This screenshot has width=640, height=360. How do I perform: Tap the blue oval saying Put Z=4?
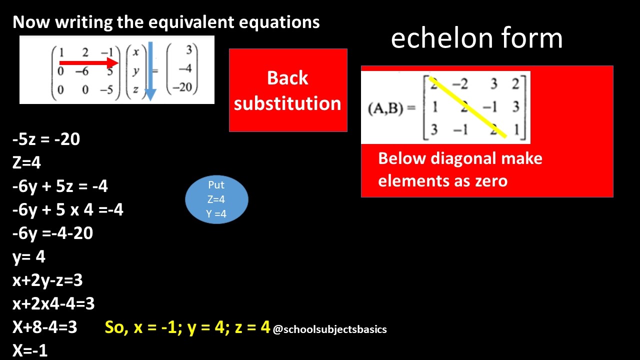coord(216,199)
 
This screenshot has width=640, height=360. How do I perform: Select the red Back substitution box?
coord(288,90)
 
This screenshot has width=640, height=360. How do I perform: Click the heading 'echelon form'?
coord(476,38)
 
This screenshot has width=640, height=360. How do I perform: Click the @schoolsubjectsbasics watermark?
coord(330,329)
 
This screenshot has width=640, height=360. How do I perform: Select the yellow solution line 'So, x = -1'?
coord(187,327)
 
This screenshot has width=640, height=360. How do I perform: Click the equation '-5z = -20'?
coord(46,139)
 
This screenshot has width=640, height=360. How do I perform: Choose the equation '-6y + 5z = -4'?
coord(60,186)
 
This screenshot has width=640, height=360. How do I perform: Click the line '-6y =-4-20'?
coord(52,233)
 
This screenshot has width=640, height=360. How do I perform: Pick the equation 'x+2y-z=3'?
coord(47,280)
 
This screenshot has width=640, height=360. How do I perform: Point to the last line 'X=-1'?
coord(30,350)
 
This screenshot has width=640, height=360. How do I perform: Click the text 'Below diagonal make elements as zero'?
coord(460,169)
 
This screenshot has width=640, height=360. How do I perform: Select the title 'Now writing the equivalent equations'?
coord(166,22)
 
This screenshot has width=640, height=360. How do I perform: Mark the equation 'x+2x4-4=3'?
coord(53,303)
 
